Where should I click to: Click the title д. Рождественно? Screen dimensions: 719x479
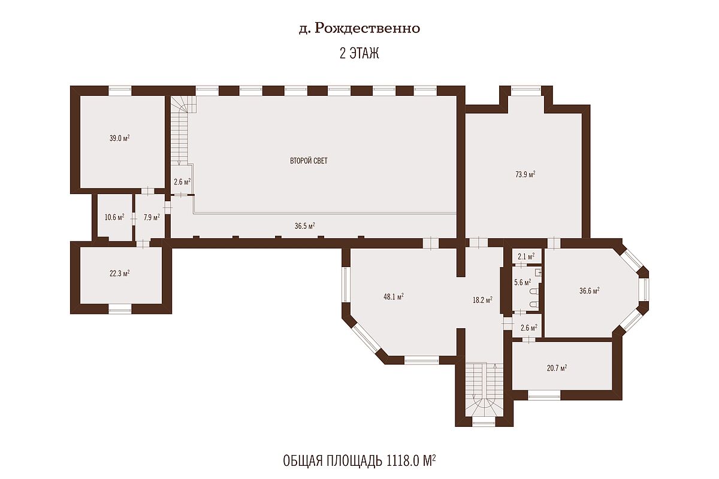(x=359, y=29)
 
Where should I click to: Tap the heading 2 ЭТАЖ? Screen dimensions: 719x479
(x=359, y=53)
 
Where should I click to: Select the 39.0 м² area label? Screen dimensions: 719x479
(x=119, y=138)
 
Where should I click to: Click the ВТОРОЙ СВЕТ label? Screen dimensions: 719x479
(x=309, y=160)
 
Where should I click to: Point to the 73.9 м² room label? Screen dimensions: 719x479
(x=525, y=174)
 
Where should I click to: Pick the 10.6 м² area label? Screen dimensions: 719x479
(x=114, y=217)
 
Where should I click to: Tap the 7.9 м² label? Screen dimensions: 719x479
(x=152, y=217)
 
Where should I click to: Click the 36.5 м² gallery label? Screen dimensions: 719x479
(x=304, y=226)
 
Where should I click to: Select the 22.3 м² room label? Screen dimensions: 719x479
(x=119, y=274)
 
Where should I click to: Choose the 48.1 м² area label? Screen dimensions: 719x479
(x=394, y=297)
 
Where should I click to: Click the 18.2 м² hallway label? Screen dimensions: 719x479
(x=482, y=300)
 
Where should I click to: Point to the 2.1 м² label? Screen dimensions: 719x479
(x=526, y=256)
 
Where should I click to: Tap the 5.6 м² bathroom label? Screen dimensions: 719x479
(x=522, y=283)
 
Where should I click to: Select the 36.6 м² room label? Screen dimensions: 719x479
(x=590, y=291)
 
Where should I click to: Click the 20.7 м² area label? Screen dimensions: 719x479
(x=557, y=368)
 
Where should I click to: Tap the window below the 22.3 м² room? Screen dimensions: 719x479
(x=120, y=308)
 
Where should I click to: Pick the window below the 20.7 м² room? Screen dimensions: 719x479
(x=544, y=395)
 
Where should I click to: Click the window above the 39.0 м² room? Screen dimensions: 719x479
(x=120, y=91)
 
